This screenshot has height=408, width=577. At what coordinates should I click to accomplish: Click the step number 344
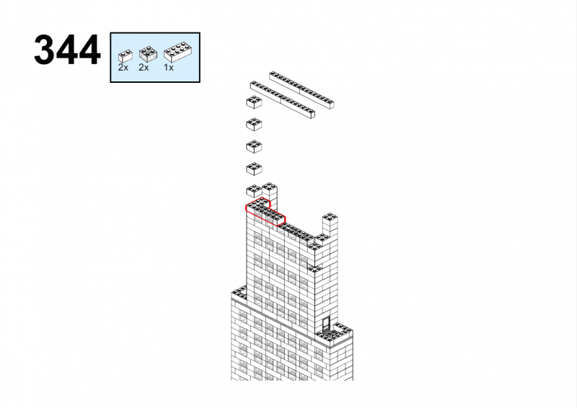pos(67,50)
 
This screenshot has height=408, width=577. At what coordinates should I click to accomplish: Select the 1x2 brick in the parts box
pos(125,56)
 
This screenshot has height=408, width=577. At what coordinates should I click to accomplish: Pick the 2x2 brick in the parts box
pos(148,54)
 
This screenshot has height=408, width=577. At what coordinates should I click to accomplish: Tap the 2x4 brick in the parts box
pos(177,52)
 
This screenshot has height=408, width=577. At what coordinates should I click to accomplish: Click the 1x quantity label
pos(169,68)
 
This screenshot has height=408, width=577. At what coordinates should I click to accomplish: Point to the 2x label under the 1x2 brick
pos(123,68)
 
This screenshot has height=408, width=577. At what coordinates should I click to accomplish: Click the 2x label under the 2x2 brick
pos(144,68)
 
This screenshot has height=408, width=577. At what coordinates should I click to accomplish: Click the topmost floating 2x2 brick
pos(254,102)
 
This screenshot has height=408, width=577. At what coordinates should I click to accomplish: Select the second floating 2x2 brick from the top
pos(254,125)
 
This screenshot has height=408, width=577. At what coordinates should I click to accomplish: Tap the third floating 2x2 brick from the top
pos(254,146)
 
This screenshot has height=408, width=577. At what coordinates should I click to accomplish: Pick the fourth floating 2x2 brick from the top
pos(254,169)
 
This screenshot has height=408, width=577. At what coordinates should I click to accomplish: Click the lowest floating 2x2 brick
pos(254,191)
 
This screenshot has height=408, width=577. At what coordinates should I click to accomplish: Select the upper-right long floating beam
pos(301,90)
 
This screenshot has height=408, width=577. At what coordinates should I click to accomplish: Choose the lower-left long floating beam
pos(283,99)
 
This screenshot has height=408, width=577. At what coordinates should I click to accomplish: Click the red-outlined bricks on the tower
pos(265,211)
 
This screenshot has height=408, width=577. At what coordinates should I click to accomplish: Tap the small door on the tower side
pos(326,324)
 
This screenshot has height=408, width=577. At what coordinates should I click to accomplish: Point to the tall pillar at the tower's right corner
pos(330,227)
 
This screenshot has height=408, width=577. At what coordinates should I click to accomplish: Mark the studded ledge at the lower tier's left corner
pos(239,293)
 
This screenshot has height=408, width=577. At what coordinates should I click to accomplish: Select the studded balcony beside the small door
pos(335,333)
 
